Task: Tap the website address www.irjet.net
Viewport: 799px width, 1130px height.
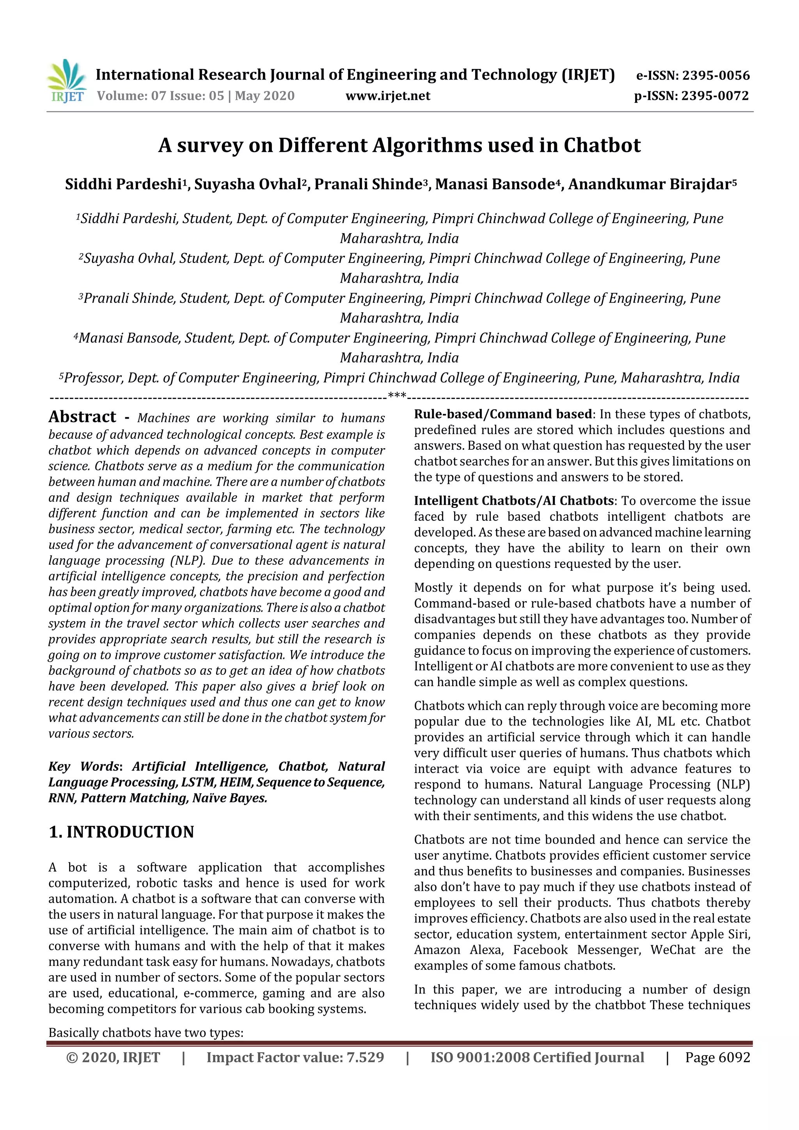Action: coord(387,96)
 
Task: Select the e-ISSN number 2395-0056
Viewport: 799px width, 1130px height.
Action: coord(715,75)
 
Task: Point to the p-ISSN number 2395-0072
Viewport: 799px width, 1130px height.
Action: coord(715,96)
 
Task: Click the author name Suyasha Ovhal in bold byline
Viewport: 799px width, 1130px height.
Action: coord(247,184)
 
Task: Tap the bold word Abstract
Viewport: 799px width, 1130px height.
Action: coord(82,417)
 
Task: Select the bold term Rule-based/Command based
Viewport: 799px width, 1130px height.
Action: coord(502,414)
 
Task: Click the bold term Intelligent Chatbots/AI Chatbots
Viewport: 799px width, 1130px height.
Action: coord(514,500)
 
